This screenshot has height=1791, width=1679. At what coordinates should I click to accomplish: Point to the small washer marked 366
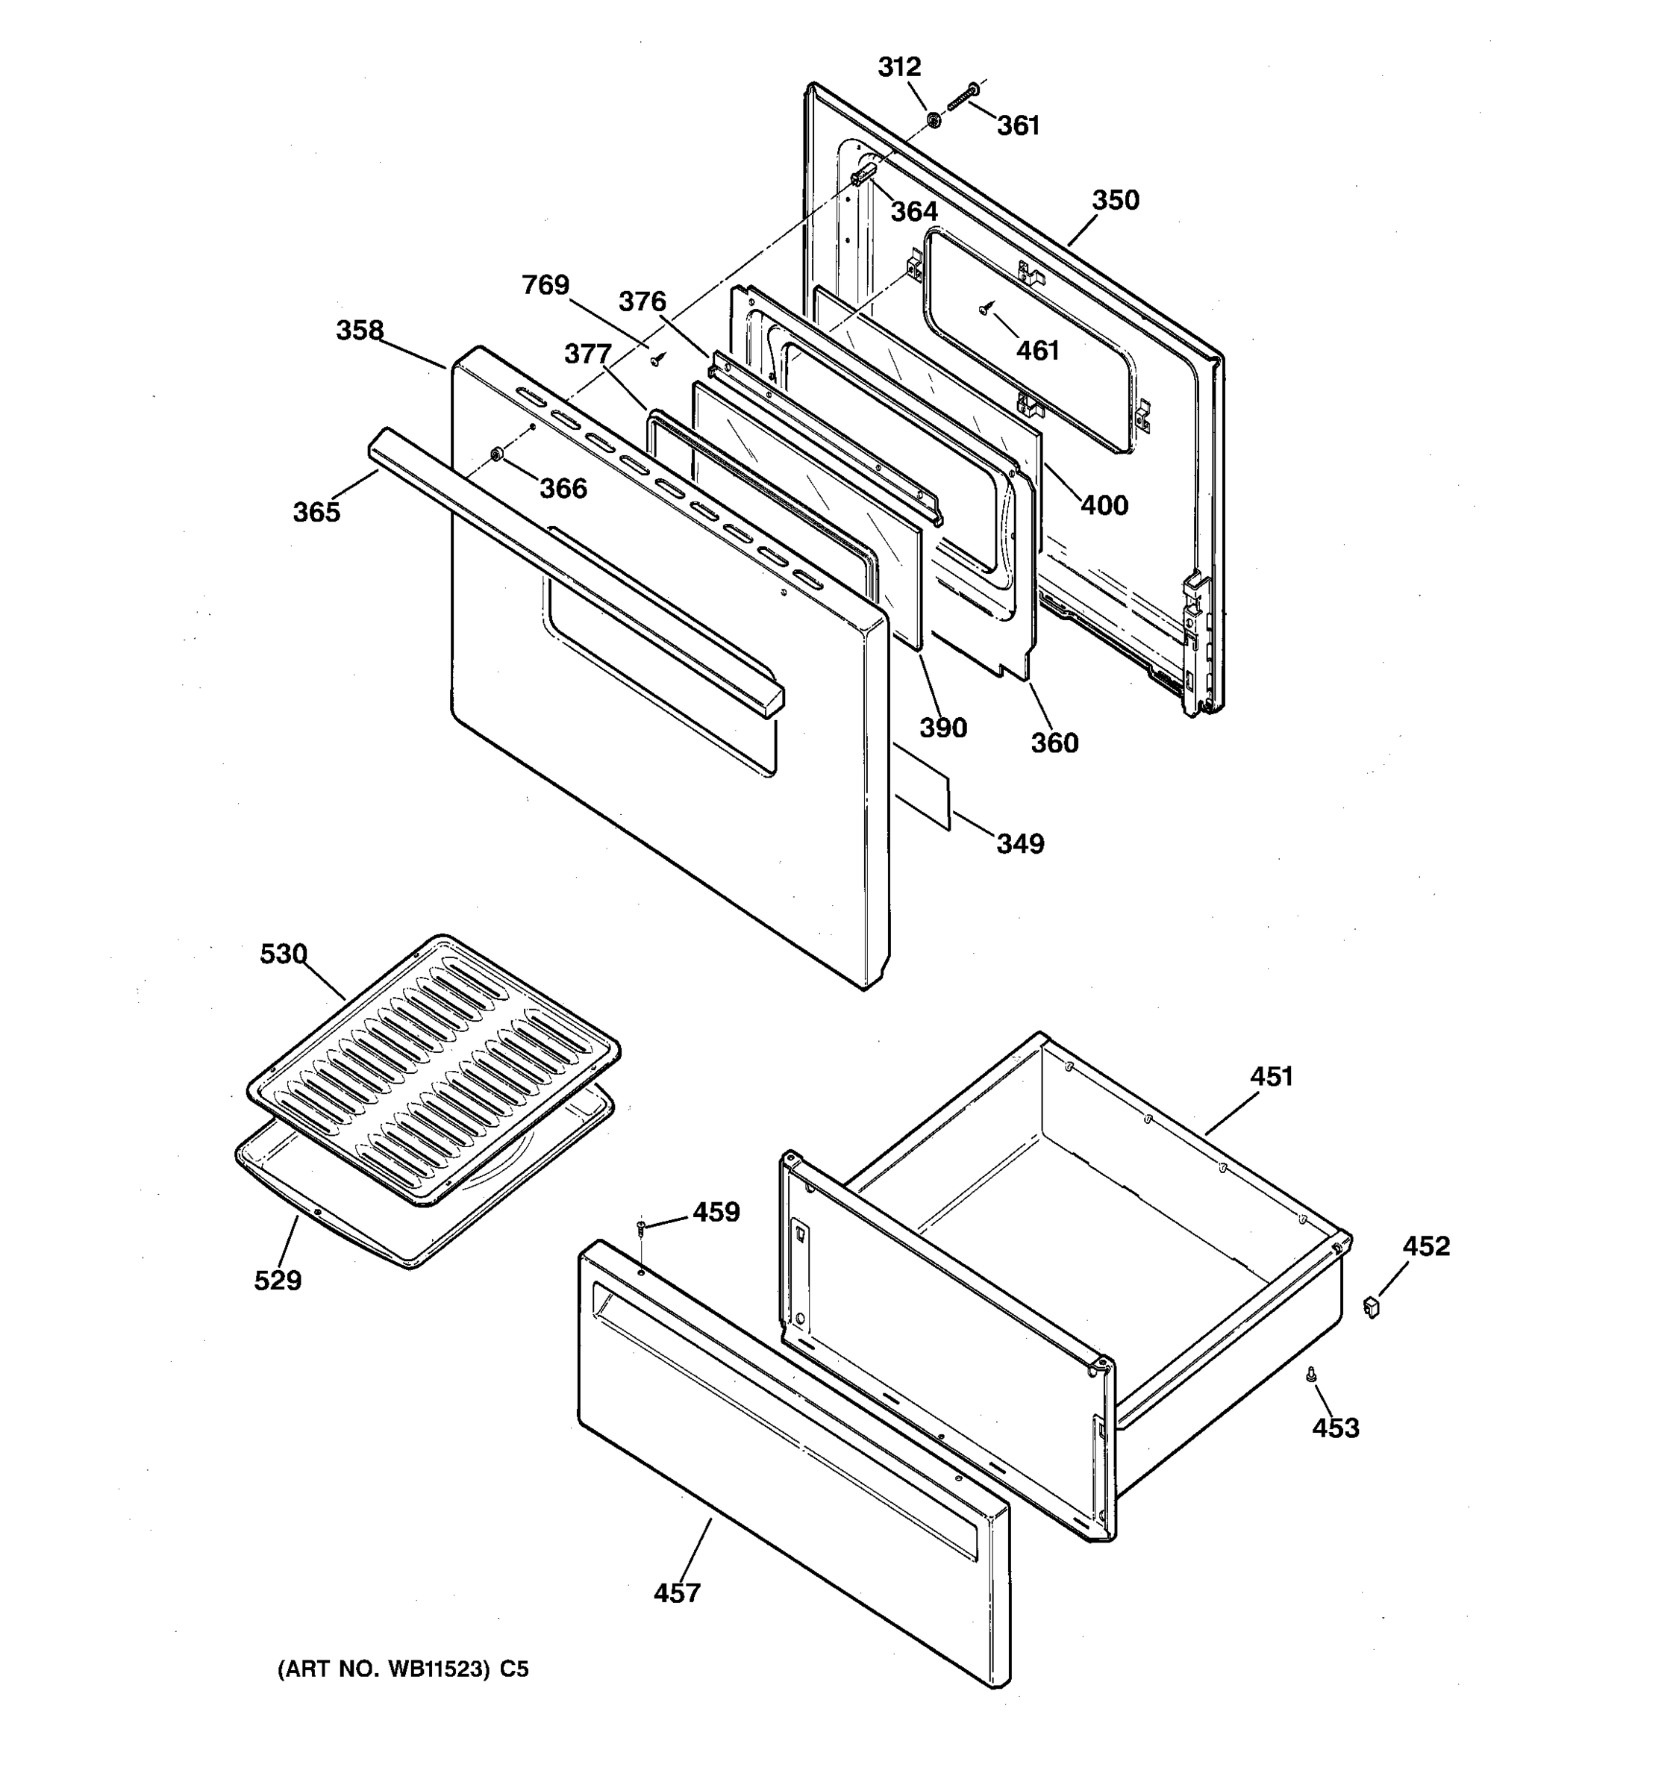pos(496,452)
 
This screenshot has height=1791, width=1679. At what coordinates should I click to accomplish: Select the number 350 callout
pos(1115,200)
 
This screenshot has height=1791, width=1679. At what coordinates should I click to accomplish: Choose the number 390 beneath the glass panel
pos(943,728)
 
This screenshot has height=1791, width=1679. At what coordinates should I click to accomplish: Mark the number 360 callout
pos(1054,743)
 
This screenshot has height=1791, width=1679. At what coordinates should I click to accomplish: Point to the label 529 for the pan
pos(278,1280)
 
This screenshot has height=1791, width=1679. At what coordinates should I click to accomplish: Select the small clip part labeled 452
pos(1372,1307)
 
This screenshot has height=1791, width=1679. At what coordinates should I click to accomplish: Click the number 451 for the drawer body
pos(1271,1077)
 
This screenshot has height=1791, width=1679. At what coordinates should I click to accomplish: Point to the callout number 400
pos(1104,505)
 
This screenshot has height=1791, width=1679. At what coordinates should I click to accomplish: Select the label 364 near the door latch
pos(913,212)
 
